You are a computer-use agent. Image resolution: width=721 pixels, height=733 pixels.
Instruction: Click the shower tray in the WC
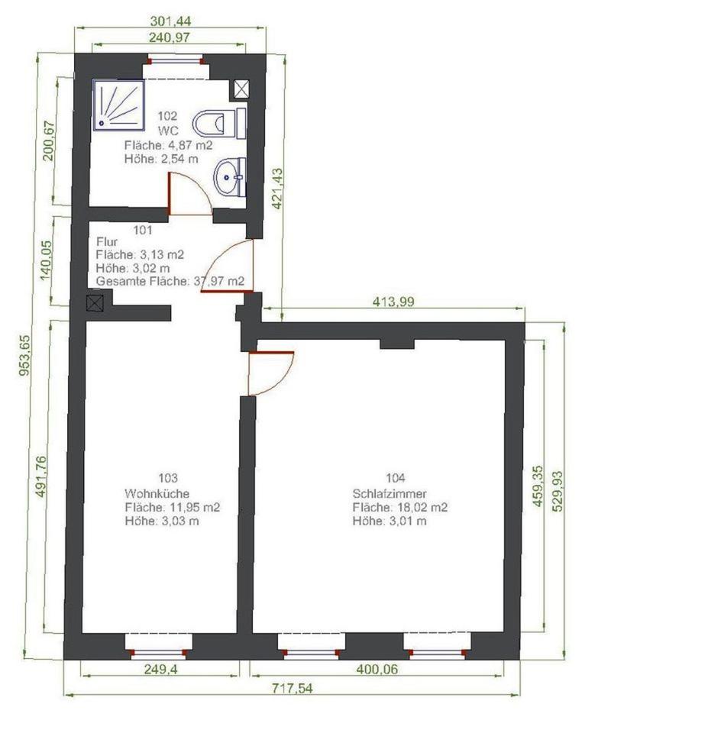(x=118, y=105)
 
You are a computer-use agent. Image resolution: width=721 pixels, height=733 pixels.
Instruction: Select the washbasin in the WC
(x=230, y=177)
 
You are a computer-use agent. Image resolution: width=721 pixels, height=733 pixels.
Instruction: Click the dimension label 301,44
(x=170, y=21)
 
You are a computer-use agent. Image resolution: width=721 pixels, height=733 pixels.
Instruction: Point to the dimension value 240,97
(x=170, y=37)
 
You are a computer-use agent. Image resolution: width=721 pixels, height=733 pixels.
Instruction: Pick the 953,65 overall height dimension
(x=24, y=355)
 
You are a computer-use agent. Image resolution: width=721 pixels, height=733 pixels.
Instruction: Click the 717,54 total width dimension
(x=293, y=688)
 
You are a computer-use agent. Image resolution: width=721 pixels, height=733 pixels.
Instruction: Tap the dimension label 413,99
(x=393, y=302)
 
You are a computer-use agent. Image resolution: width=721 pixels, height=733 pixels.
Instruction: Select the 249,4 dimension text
(x=160, y=670)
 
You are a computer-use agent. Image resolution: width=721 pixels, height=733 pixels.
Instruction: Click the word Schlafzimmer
(x=390, y=494)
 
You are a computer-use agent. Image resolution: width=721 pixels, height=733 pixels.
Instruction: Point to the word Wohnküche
(x=157, y=494)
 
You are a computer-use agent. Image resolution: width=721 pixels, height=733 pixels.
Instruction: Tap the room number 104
(x=395, y=478)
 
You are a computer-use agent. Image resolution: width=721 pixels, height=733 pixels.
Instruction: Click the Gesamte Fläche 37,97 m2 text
(x=170, y=282)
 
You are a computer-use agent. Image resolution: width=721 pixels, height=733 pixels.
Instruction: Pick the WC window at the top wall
(x=176, y=60)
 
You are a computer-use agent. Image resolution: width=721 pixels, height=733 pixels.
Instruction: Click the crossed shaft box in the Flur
(x=95, y=303)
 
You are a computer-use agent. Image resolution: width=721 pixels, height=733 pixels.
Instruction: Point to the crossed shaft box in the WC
(x=241, y=89)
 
